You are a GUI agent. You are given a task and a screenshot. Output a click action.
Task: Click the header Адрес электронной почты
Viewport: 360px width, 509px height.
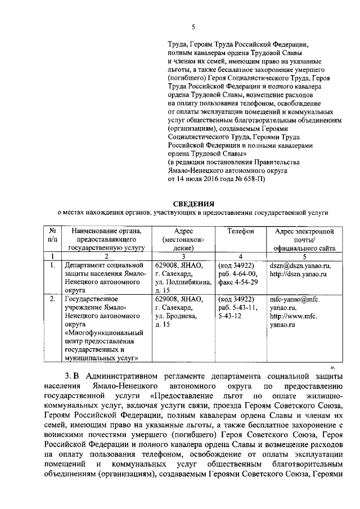tap(305, 231)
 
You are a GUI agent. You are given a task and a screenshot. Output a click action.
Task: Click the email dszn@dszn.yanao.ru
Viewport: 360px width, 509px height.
tap(299, 265)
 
